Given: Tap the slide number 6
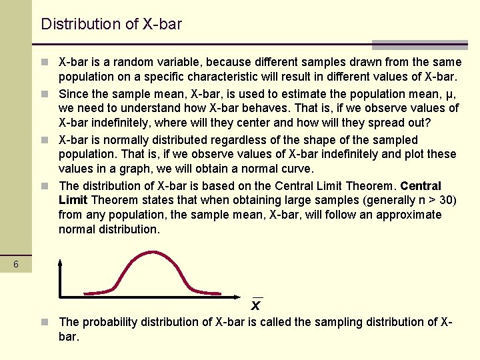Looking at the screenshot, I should (x=17, y=265).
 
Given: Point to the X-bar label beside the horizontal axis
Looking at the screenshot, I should (x=255, y=305).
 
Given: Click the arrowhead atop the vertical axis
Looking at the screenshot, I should (x=61, y=263).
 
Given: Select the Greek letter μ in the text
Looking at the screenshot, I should (x=433, y=94).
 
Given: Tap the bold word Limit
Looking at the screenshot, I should (x=73, y=200).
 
